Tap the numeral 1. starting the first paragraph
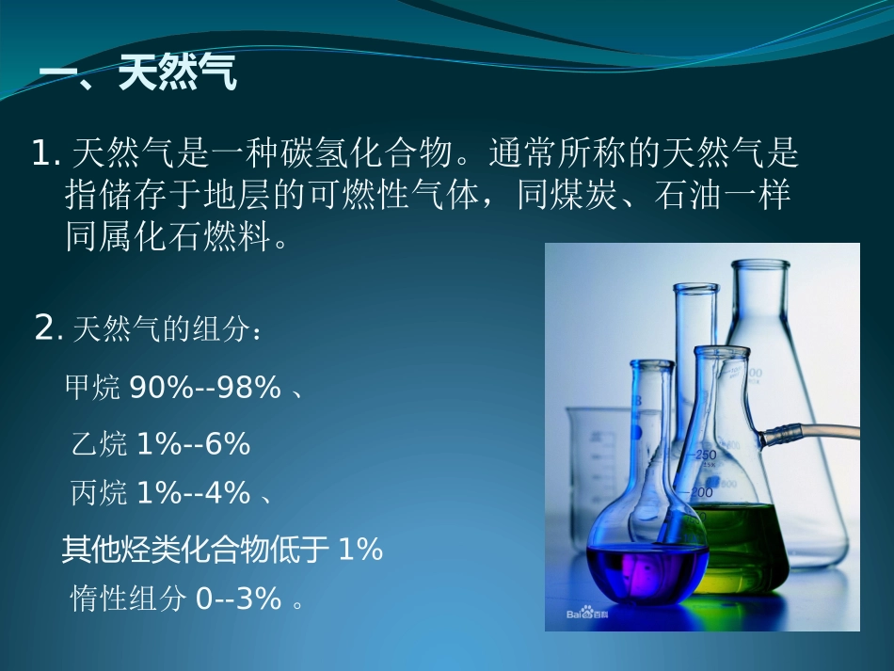click(46, 153)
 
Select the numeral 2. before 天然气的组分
click(47, 328)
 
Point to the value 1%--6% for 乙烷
click(193, 444)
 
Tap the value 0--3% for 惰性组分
click(238, 599)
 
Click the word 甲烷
click(92, 387)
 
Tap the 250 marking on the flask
click(707, 455)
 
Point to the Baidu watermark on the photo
click(589, 613)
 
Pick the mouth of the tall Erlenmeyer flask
click(758, 265)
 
